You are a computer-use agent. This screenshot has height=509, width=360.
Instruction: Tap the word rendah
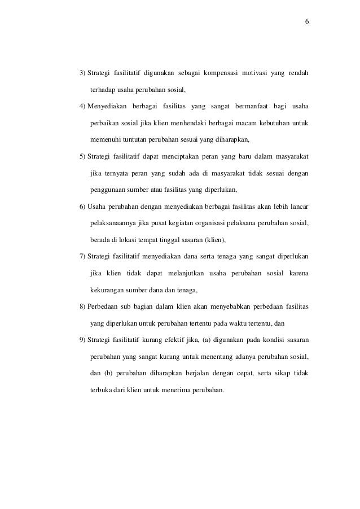pos(298,73)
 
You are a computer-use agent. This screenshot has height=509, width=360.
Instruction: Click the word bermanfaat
pos(245,107)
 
